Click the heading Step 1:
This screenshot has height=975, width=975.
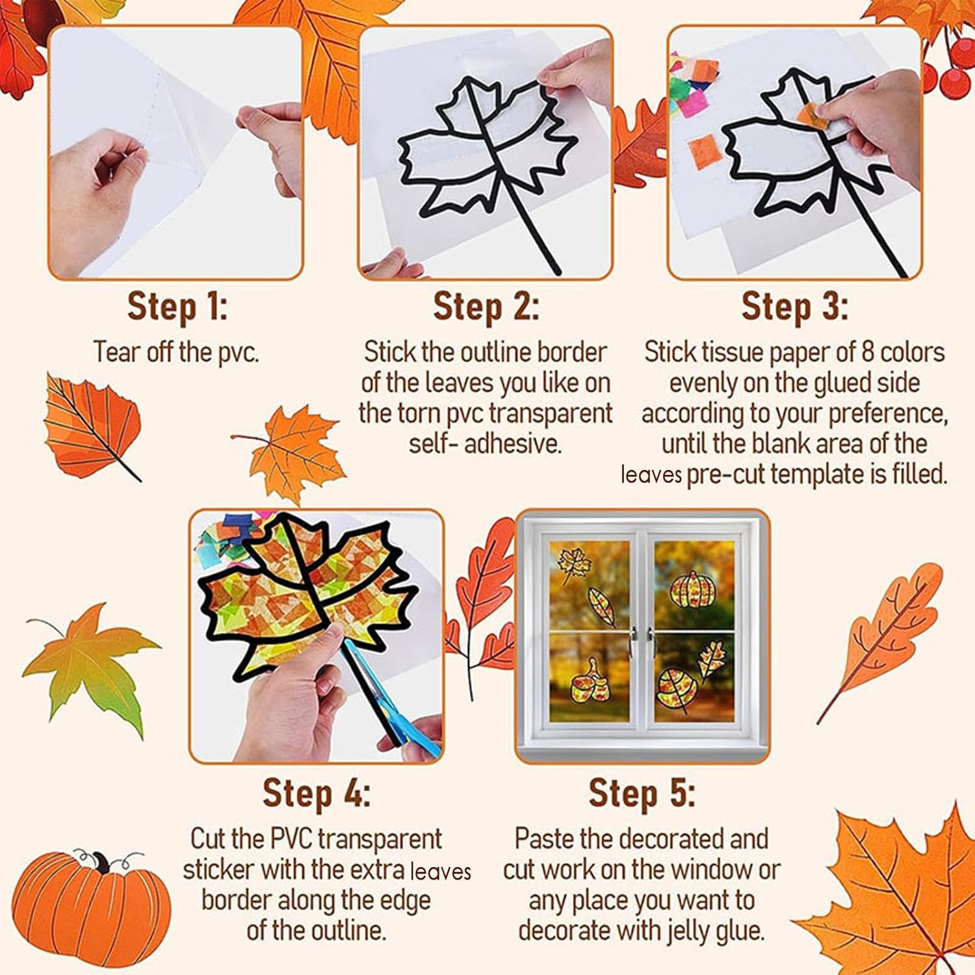click(x=177, y=307)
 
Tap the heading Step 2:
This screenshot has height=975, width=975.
click(x=486, y=307)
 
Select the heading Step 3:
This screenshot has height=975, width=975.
click(x=794, y=307)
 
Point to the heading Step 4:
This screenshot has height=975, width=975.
click(x=317, y=793)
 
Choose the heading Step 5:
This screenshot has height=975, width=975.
click(x=642, y=793)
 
